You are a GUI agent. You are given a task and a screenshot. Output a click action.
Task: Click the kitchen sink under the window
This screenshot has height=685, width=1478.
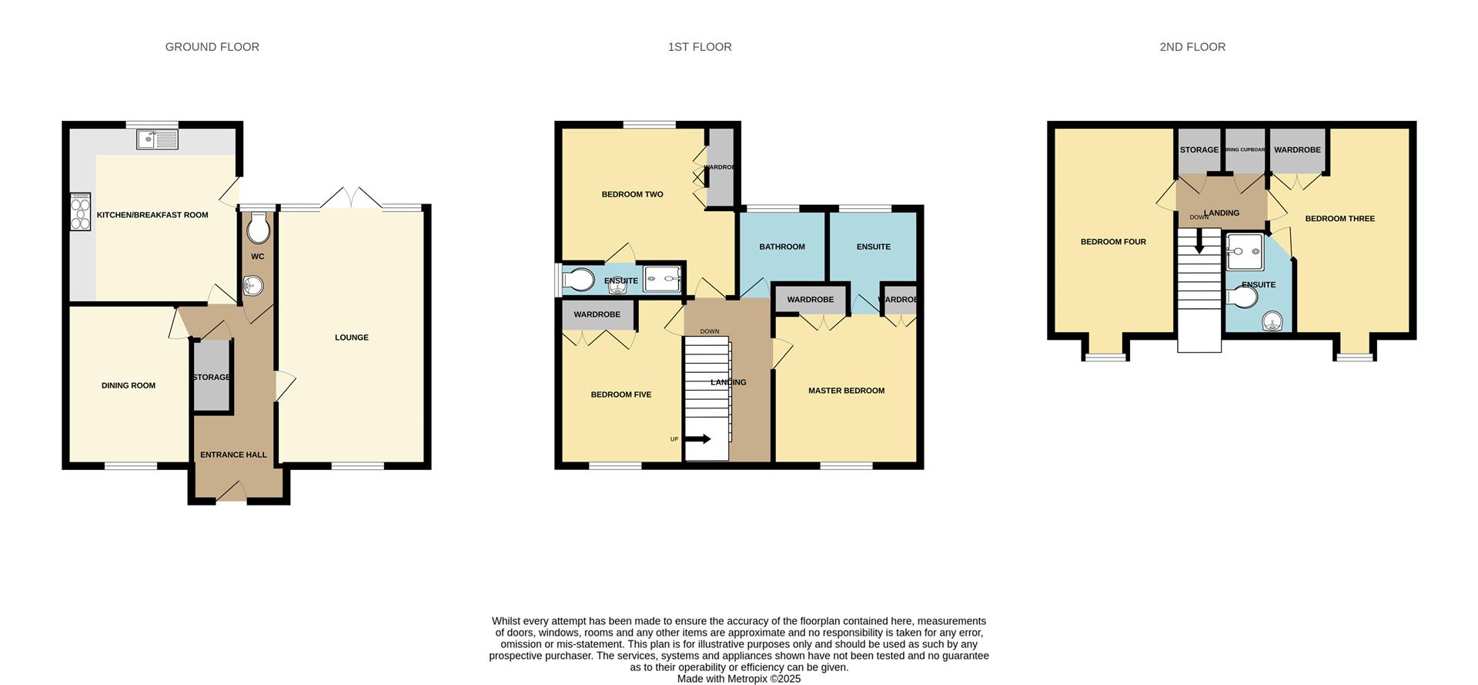(157, 139)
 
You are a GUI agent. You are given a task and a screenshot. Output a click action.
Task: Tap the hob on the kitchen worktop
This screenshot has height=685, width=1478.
(81, 212)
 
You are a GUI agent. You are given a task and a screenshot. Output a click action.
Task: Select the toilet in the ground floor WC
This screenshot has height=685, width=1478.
(259, 228)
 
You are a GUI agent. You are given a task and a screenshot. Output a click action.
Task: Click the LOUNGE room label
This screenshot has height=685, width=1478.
(352, 337)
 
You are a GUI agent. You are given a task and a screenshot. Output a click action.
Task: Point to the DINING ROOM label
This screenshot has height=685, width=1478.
(129, 385)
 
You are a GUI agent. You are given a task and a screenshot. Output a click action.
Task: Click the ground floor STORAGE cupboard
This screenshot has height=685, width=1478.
(212, 377)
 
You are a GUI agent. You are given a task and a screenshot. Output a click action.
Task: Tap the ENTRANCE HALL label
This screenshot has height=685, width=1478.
(233, 455)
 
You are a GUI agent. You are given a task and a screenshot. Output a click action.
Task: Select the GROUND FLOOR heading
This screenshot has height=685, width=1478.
(212, 47)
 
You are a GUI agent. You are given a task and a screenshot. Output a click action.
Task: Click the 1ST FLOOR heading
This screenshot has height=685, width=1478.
(699, 47)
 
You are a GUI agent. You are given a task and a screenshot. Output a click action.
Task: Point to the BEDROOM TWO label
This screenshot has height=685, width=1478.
(632, 194)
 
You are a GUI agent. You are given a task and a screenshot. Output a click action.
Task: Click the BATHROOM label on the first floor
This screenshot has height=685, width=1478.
(782, 247)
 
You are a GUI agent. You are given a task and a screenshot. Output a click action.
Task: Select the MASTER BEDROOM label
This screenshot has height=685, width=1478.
(846, 391)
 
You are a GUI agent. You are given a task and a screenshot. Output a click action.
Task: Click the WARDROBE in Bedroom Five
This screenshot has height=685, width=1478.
(597, 314)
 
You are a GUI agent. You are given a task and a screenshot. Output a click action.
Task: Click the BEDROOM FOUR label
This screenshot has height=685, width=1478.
(1113, 242)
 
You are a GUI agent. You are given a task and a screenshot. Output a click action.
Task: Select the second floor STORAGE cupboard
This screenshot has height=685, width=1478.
(1199, 150)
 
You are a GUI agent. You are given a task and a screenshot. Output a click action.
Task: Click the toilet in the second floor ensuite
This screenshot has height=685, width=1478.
(1241, 297)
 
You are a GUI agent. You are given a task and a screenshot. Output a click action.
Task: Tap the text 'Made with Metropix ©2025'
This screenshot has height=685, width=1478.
(738, 679)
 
